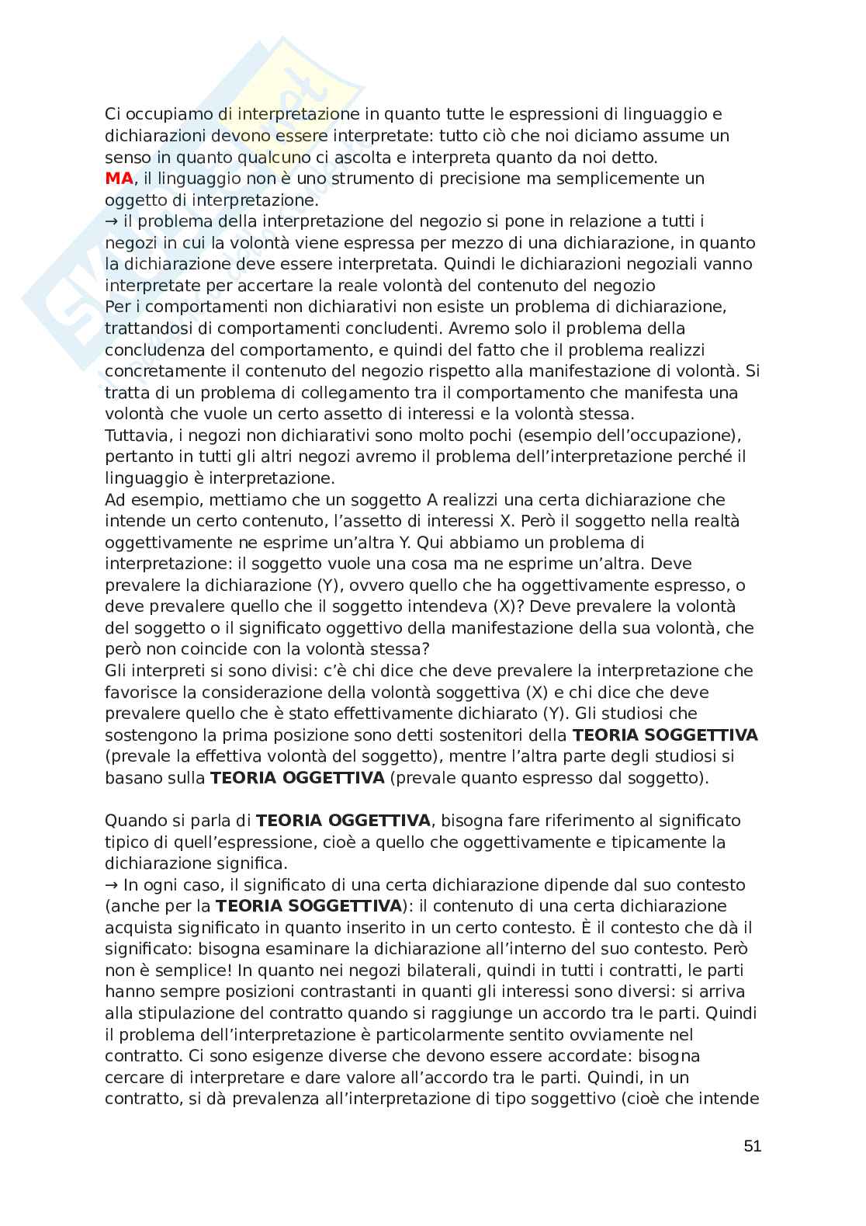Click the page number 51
pos(752,1146)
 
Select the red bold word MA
pos(119,179)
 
